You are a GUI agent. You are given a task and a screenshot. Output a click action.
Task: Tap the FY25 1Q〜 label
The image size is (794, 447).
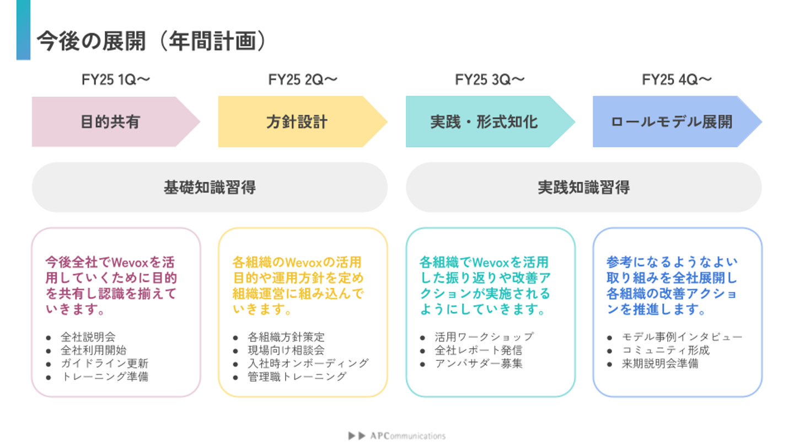116,80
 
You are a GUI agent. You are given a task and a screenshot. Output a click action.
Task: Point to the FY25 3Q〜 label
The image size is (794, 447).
490,80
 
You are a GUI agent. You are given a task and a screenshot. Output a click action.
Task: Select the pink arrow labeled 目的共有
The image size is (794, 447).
110,122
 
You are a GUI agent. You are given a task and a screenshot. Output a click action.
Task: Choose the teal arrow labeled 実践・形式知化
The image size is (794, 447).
484,122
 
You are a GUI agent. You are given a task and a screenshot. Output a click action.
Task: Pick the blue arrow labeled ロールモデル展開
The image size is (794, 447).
671,122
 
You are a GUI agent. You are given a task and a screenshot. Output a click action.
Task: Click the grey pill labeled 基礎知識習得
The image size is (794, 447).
210,188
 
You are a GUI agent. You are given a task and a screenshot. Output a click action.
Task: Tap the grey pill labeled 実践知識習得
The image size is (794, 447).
583,188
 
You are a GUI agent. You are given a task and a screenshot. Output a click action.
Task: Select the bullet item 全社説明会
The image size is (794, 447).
88,337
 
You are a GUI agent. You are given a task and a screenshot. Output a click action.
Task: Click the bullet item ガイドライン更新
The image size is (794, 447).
104,363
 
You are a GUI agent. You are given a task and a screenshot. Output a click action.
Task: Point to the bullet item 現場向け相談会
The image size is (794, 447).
286,350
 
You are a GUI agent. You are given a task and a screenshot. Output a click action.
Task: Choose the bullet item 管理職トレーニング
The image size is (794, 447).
297,376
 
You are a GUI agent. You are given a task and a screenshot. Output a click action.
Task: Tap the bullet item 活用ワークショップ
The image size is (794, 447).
484,337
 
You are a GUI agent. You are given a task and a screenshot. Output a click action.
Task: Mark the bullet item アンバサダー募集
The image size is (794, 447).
478,363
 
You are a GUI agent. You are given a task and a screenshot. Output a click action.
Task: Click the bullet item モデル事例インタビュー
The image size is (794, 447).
682,337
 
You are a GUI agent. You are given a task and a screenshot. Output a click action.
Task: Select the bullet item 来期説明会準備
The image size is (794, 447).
660,363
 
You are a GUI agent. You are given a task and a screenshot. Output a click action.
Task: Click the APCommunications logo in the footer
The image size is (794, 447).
397,435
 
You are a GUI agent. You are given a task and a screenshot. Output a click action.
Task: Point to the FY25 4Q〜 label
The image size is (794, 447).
677,80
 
